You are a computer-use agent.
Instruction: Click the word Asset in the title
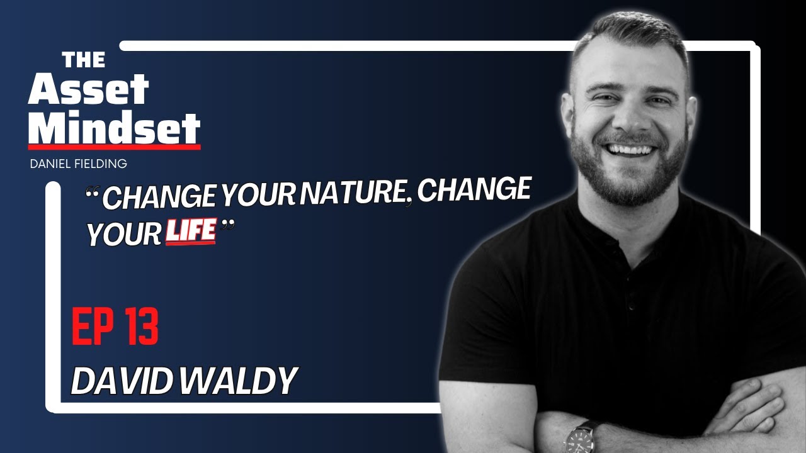click(88, 90)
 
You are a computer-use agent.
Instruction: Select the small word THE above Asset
click(84, 60)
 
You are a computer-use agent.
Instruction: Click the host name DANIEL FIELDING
click(78, 164)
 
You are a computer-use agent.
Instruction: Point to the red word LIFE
click(190, 232)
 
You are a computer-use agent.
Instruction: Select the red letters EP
click(91, 328)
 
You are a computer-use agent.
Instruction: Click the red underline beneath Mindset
click(114, 147)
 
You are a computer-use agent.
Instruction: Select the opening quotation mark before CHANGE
click(93, 191)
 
